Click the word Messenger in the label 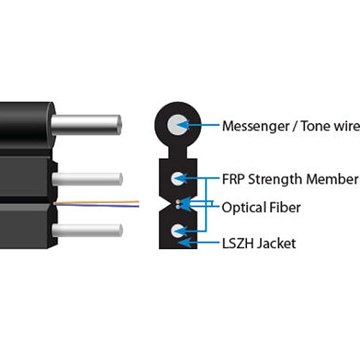point(256,127)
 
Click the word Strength point(276,180)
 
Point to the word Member point(333,179)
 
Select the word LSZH point(238,243)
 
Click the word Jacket point(276,243)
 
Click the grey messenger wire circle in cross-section point(178,125)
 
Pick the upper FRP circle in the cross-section point(178,179)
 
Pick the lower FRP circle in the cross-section point(178,231)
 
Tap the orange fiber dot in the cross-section point(178,202)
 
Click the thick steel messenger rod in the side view point(86,125)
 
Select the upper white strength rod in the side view point(87,179)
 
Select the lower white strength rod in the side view point(87,230)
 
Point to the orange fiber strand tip point(138,202)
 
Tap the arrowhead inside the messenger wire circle point(183,125)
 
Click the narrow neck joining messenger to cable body point(178,153)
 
